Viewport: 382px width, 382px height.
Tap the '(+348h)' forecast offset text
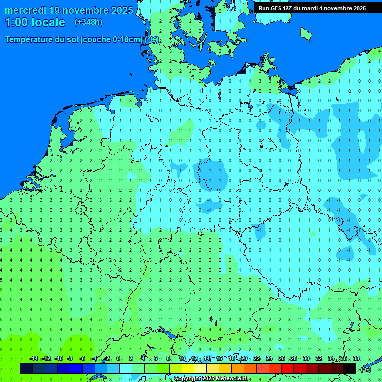click(89, 22)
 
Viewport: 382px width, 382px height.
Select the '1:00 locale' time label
click(35, 22)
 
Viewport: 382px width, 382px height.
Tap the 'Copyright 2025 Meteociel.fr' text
click(211, 379)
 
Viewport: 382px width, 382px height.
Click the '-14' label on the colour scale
click(34, 359)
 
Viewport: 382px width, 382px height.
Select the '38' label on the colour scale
click(356, 359)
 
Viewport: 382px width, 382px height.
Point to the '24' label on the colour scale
click(269, 359)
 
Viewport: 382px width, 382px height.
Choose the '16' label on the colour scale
click(219, 359)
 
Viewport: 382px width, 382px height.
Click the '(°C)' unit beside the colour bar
click(365, 369)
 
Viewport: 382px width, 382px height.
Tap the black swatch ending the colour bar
click(350, 369)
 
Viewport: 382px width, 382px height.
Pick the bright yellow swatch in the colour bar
click(188, 369)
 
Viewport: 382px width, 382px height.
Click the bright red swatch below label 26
click(287, 369)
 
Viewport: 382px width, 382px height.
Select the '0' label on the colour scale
click(119, 359)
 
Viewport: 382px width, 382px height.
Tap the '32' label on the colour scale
click(319, 359)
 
